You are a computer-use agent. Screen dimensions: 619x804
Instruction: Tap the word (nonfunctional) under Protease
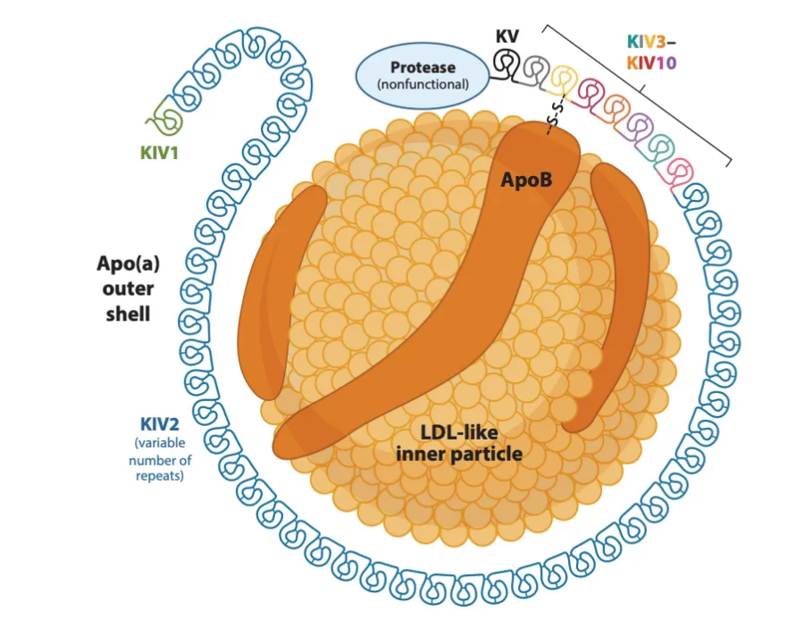[x=423, y=86]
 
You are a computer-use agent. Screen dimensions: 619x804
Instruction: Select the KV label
[x=507, y=38]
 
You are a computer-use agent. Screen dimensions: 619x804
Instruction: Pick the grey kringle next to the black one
[x=535, y=69]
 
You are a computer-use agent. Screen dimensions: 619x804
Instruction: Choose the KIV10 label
[x=650, y=63]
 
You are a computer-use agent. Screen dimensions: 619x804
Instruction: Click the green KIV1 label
[x=159, y=153]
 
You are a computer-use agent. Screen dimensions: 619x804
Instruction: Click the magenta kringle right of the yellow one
[x=590, y=90]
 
